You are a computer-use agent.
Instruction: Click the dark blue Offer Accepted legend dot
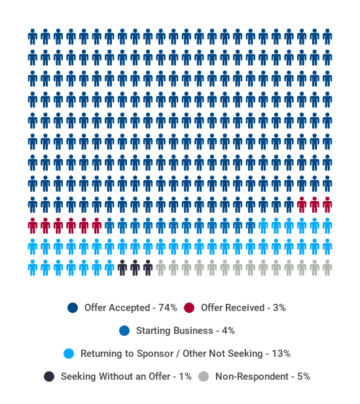pyautogui.click(x=73, y=308)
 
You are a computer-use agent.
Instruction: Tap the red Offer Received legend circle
pyautogui.click(x=189, y=308)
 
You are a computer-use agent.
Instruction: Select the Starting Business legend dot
pyautogui.click(x=124, y=331)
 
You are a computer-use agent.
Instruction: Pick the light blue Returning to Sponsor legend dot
pyautogui.click(x=69, y=354)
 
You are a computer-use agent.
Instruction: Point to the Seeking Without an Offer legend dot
pyautogui.click(x=49, y=376)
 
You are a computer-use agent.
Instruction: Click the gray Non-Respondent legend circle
pyautogui.click(x=204, y=376)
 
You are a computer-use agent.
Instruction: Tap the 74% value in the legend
pyautogui.click(x=168, y=308)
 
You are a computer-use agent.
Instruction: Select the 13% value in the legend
pyautogui.click(x=281, y=354)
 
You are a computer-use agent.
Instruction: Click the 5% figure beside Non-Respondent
pyautogui.click(x=304, y=376)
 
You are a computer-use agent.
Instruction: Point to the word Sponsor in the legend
pyautogui.click(x=155, y=354)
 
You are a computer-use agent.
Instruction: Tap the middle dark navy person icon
pyautogui.click(x=135, y=268)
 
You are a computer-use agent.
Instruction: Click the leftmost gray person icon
pyautogui.click(x=160, y=268)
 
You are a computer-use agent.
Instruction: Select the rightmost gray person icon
pyautogui.click(x=327, y=268)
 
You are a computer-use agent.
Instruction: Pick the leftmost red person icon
pyautogui.click(x=33, y=226)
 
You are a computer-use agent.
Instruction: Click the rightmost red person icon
pyautogui.click(x=327, y=205)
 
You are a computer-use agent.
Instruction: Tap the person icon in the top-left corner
pyautogui.click(x=33, y=37)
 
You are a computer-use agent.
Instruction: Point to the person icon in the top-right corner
pyautogui.click(x=327, y=37)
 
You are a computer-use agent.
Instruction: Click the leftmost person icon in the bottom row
pyautogui.click(x=33, y=268)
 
